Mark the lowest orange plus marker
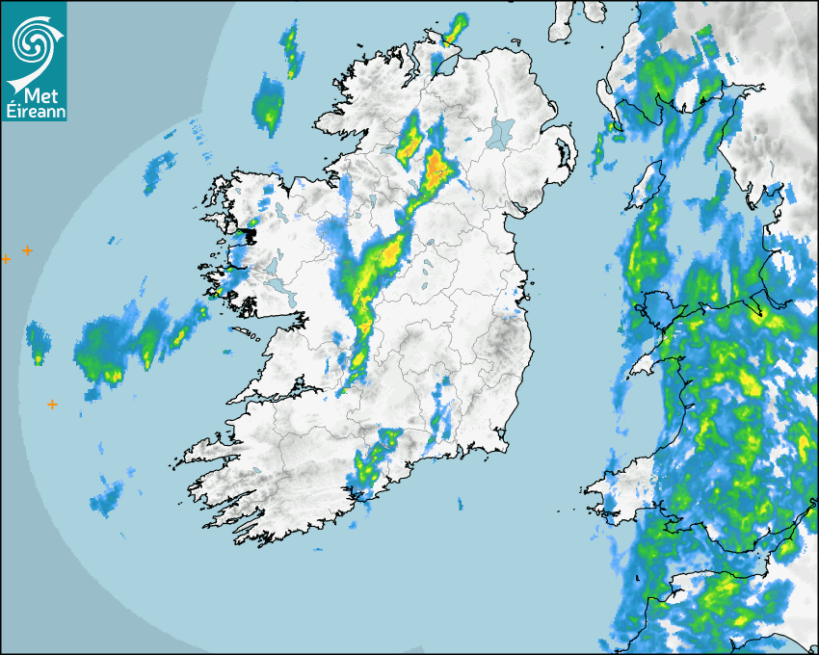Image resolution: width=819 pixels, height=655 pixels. pos(52,405)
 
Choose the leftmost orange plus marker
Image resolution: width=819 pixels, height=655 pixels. pos(6,258)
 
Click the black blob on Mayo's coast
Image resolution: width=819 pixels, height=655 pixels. pos(248,234)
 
